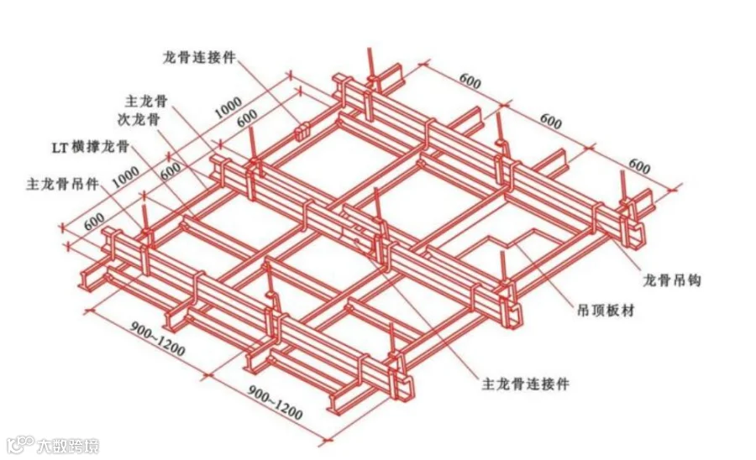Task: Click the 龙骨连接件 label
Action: [199, 58]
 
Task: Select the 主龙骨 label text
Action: [146, 101]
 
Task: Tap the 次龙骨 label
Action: [139, 119]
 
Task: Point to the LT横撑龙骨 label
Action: [91, 146]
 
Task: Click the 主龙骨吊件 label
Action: [63, 184]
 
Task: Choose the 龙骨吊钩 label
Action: [672, 280]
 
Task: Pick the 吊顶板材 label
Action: [606, 311]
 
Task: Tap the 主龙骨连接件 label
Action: [526, 384]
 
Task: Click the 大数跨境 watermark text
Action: [68, 446]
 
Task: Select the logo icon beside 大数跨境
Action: [20, 444]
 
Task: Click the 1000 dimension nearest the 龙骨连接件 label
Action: [228, 107]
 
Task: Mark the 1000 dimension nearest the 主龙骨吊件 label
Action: [125, 177]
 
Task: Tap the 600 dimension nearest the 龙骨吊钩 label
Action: [639, 166]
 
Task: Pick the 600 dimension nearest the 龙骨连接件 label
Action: [247, 118]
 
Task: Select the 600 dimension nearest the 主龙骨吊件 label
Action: [94, 222]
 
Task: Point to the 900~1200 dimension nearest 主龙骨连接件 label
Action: [276, 402]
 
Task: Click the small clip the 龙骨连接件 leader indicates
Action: [302, 132]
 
